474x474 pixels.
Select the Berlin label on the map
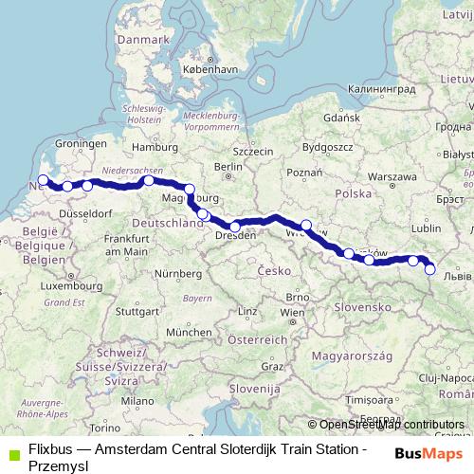click(x=224, y=167)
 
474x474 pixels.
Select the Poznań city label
click(x=304, y=173)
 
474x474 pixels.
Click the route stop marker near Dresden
click(x=235, y=227)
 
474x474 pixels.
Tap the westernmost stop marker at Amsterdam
click(x=43, y=179)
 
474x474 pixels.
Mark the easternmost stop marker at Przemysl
click(x=430, y=269)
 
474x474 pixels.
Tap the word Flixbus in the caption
click(x=49, y=447)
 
